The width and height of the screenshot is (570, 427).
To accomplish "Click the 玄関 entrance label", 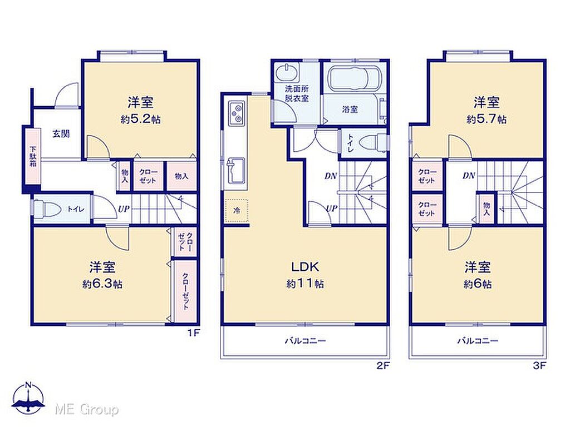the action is coord(61,134).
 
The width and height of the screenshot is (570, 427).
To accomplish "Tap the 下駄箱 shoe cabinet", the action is coord(33,156).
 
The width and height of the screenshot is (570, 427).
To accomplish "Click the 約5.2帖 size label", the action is coord(141,119).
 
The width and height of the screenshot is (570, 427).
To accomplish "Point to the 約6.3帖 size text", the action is coord(102,284).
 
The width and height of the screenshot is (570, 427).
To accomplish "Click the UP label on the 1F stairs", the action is coord(124,209).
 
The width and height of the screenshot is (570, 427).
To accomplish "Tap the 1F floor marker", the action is coord(194,332).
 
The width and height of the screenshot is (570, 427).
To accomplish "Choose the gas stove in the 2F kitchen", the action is coord(236,112).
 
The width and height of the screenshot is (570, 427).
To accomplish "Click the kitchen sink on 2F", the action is coord(235,170).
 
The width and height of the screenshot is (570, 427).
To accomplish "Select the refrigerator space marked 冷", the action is coord(236,210).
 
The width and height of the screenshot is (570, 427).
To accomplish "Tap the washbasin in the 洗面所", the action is coord(287,72).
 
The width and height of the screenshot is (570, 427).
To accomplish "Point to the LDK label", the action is coord(305,267).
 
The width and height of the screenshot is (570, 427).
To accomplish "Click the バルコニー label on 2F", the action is coord(305,341).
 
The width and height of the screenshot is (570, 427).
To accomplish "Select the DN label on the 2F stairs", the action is coord(331,176).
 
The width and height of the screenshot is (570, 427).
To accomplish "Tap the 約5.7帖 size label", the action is coord(487,119).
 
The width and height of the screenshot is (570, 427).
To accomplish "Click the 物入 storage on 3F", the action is coord(487,208).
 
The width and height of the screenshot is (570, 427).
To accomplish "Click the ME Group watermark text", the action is coord(87,410).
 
